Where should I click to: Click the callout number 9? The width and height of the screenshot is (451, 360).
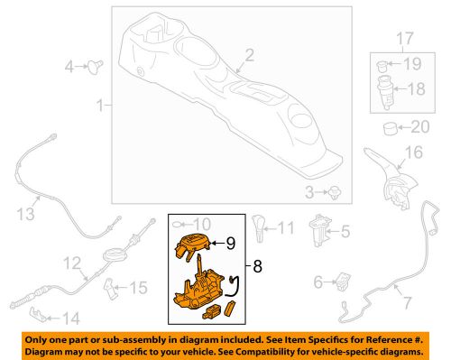click(x=231, y=244)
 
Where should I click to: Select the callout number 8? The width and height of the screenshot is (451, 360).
click(x=258, y=266)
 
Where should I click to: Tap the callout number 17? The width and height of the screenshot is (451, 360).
click(x=405, y=39)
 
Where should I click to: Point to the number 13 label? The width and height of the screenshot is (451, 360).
click(x=25, y=214)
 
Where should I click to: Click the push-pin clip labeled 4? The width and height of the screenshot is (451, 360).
click(x=96, y=67)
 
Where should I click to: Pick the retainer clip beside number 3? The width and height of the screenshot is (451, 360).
click(x=336, y=192)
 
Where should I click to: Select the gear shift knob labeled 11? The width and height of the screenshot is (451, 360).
click(x=258, y=227)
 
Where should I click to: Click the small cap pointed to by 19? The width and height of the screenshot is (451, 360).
click(x=382, y=66)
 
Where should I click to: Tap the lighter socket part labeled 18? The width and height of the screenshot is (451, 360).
click(x=385, y=91)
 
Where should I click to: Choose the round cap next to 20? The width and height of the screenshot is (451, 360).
click(x=391, y=128)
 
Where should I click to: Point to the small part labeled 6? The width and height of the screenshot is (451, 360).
click(x=343, y=282)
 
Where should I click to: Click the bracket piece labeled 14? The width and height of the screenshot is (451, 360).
click(x=38, y=315)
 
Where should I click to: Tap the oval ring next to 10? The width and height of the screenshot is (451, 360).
click(x=177, y=224)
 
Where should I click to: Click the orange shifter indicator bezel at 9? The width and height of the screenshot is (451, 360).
click(x=192, y=246)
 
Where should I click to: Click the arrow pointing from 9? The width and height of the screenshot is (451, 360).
click(x=218, y=243)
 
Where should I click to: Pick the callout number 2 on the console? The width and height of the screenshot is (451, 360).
click(x=250, y=56)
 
